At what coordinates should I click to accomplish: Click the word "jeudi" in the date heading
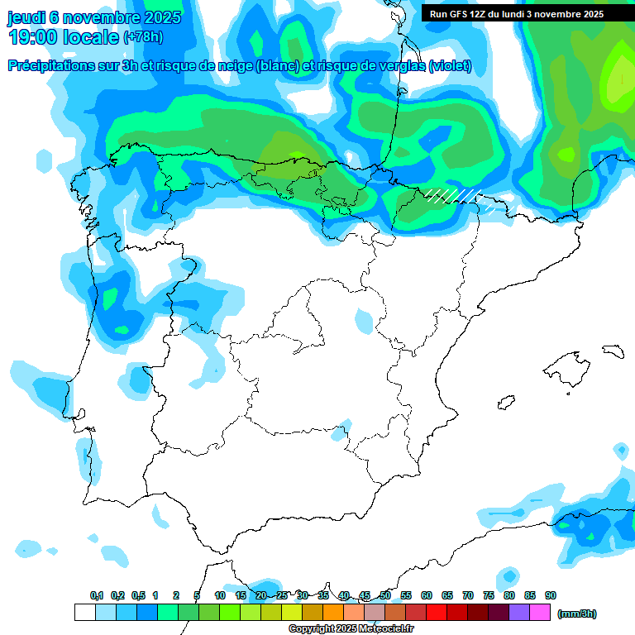pyautogui.click(x=26, y=17)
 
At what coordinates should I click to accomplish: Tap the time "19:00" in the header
pyautogui.click(x=33, y=37)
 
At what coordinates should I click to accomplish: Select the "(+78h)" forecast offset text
pyautogui.click(x=143, y=37)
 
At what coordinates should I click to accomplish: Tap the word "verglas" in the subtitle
pyautogui.click(x=401, y=66)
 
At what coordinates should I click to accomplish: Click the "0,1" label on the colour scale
pyautogui.click(x=97, y=596)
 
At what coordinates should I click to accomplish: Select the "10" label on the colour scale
pyautogui.click(x=220, y=596)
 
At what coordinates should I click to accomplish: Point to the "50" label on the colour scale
pyautogui.click(x=385, y=596)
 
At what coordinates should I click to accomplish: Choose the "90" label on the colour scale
pyautogui.click(x=551, y=596)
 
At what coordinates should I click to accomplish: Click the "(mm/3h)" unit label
pyautogui.click(x=577, y=614)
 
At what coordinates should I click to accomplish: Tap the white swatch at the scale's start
pyautogui.click(x=84, y=612)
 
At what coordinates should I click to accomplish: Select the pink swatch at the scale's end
pyautogui.click(x=540, y=612)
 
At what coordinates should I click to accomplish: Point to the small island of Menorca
pyautogui.click(x=613, y=351)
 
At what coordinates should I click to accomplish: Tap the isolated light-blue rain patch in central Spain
pyautogui.click(x=364, y=320)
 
